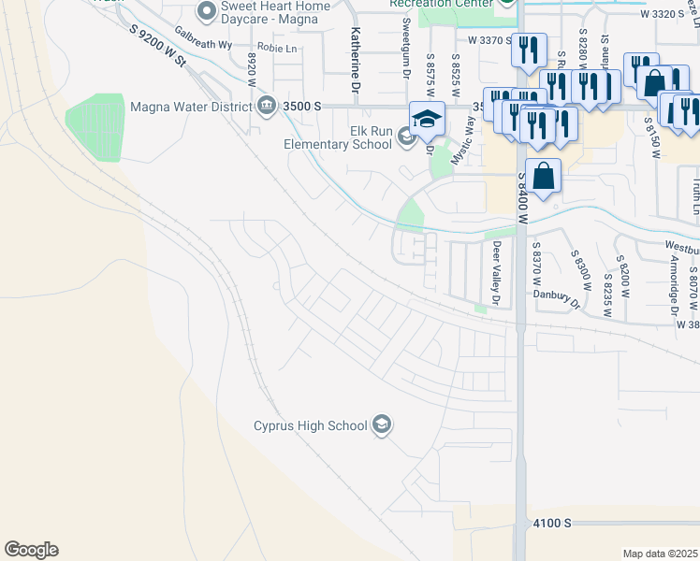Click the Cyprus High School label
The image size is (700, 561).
pyautogui.click(x=311, y=426)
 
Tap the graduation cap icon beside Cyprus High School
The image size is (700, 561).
pyautogui.click(x=381, y=425)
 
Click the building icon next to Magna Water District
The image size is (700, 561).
pyautogui.click(x=267, y=105)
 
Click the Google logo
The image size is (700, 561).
pyautogui.click(x=31, y=550)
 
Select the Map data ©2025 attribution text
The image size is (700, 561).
pyautogui.click(x=661, y=554)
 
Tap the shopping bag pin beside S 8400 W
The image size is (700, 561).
pyautogui.click(x=543, y=175)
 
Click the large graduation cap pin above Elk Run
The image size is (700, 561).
pyautogui.click(x=427, y=119)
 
